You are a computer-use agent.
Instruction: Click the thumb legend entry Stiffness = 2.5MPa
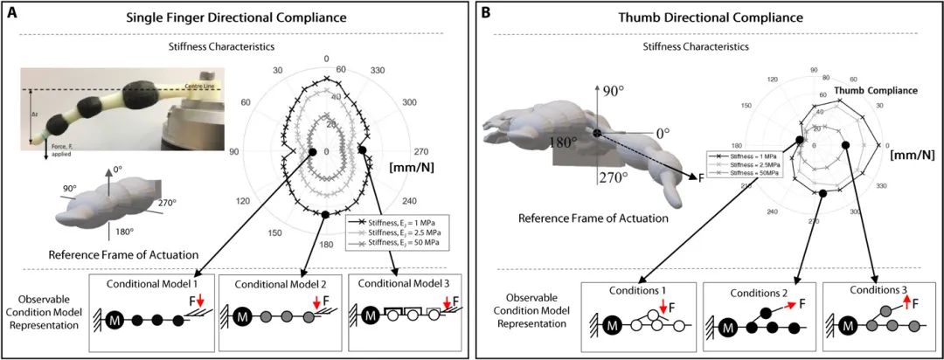tap(740, 164)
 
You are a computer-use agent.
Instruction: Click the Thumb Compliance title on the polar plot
tap(871, 90)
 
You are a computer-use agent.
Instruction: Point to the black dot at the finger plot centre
tap(311, 153)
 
